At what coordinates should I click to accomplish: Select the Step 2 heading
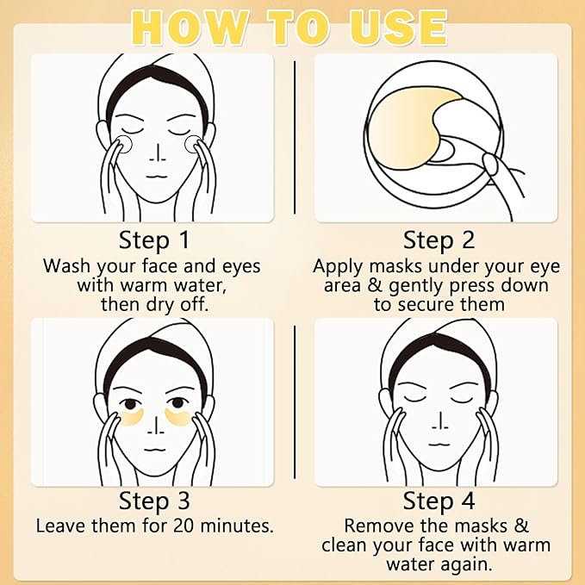[x=439, y=240]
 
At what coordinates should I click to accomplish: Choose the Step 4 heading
[x=439, y=501]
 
